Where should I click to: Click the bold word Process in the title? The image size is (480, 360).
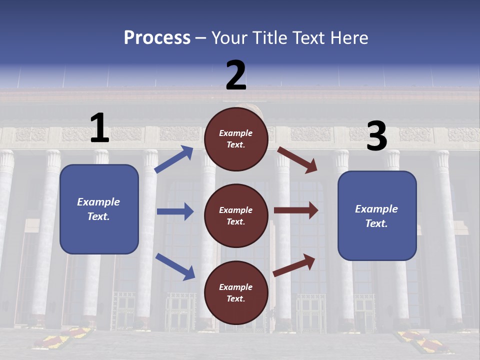157,38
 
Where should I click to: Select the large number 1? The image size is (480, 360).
99,128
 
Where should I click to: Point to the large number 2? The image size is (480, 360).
236,75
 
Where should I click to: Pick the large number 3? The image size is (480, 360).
376,136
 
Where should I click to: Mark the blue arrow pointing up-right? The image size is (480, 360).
174,159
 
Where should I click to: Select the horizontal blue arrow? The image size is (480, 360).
175,211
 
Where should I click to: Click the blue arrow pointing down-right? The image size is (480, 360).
175,266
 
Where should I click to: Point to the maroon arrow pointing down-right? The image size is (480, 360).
297,159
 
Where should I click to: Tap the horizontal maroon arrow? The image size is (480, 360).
295,210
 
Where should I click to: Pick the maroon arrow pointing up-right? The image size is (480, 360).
294,265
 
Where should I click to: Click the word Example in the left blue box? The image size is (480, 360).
98,202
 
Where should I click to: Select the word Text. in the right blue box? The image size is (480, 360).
376,223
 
